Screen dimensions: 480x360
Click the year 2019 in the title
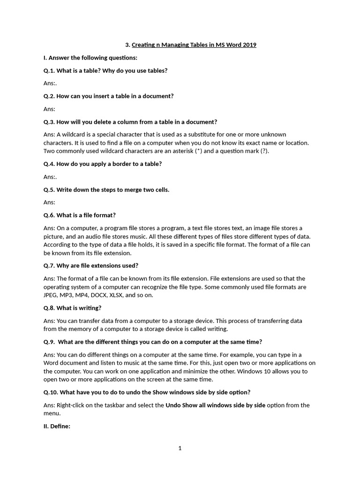tap(249, 45)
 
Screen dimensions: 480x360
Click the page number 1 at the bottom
tap(180, 448)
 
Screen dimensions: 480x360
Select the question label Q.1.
tap(49, 70)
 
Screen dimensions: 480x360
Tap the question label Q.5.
tap(49, 189)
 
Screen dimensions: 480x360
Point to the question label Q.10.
tap(51, 392)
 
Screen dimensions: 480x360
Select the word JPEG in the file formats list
tap(51, 295)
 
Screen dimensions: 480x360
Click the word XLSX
tap(119, 295)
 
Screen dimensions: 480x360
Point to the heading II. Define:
tap(57, 426)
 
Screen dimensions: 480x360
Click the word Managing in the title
tap(174, 45)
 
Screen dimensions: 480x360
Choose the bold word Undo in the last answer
tap(173, 405)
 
